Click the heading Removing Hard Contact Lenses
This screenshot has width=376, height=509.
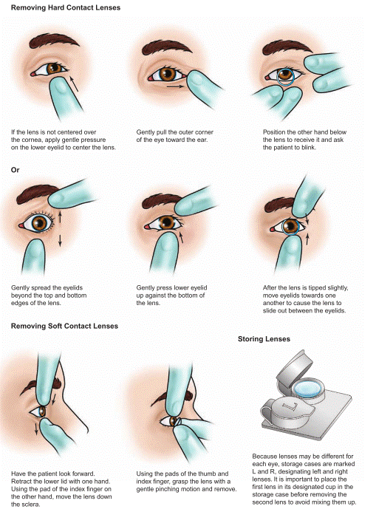point(66,7)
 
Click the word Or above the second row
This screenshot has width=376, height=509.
point(16,170)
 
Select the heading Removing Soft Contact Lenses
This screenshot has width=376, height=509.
point(64,326)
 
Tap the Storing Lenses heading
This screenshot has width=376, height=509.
point(264,339)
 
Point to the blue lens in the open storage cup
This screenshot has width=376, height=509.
point(308,388)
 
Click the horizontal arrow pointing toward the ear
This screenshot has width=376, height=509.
point(174,86)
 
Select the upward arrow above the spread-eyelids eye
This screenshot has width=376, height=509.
point(60,217)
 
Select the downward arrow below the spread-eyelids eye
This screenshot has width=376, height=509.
point(60,240)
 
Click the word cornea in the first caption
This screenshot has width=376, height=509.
point(33,140)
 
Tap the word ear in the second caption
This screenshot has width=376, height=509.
point(202,140)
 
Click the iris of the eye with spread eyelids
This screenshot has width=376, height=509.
point(40,223)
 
